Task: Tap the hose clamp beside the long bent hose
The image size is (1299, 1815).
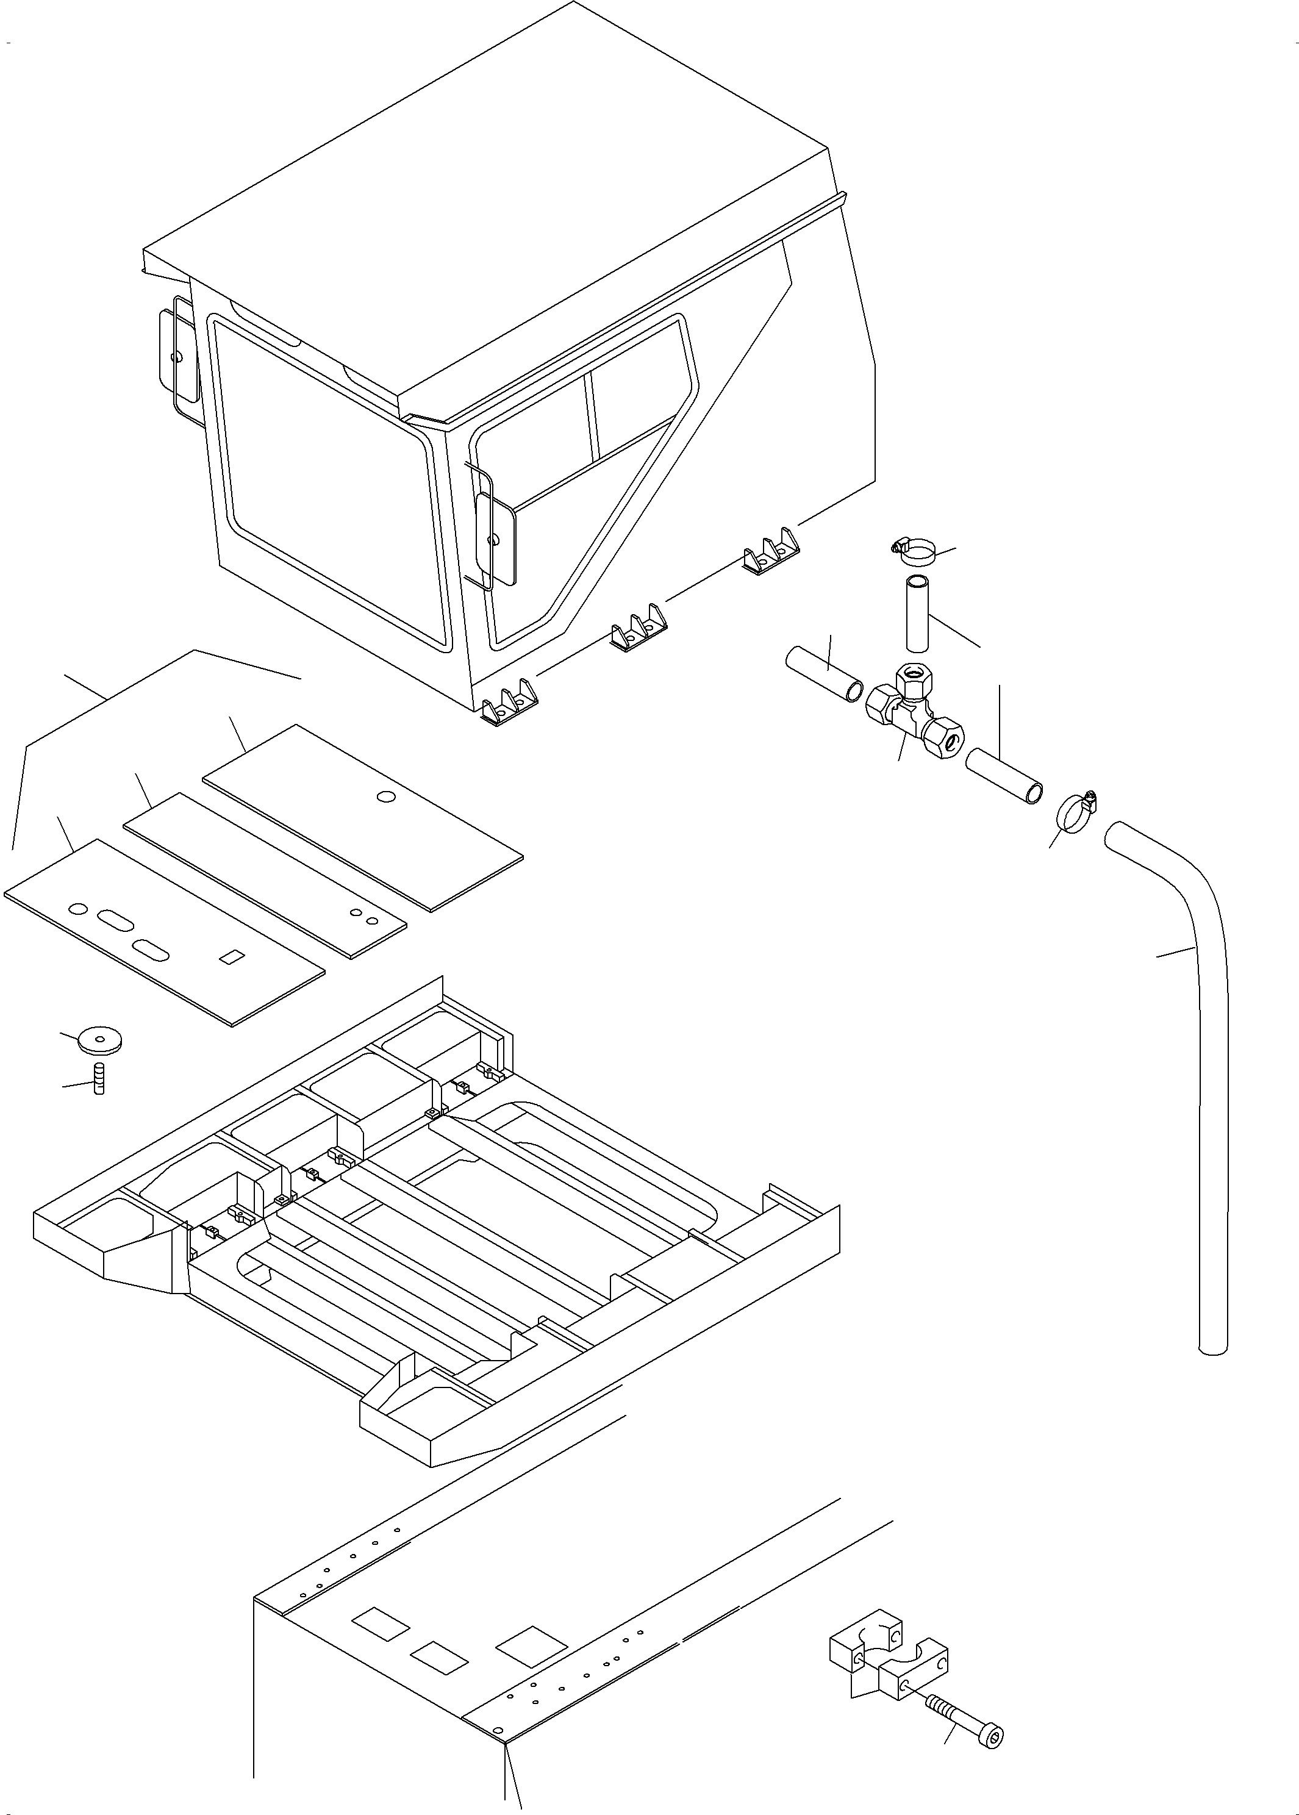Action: [1076, 811]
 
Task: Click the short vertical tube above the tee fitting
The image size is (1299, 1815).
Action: [917, 614]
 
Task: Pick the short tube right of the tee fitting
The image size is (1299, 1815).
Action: [1004, 776]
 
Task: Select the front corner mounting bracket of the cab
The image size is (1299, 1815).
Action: [509, 704]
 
